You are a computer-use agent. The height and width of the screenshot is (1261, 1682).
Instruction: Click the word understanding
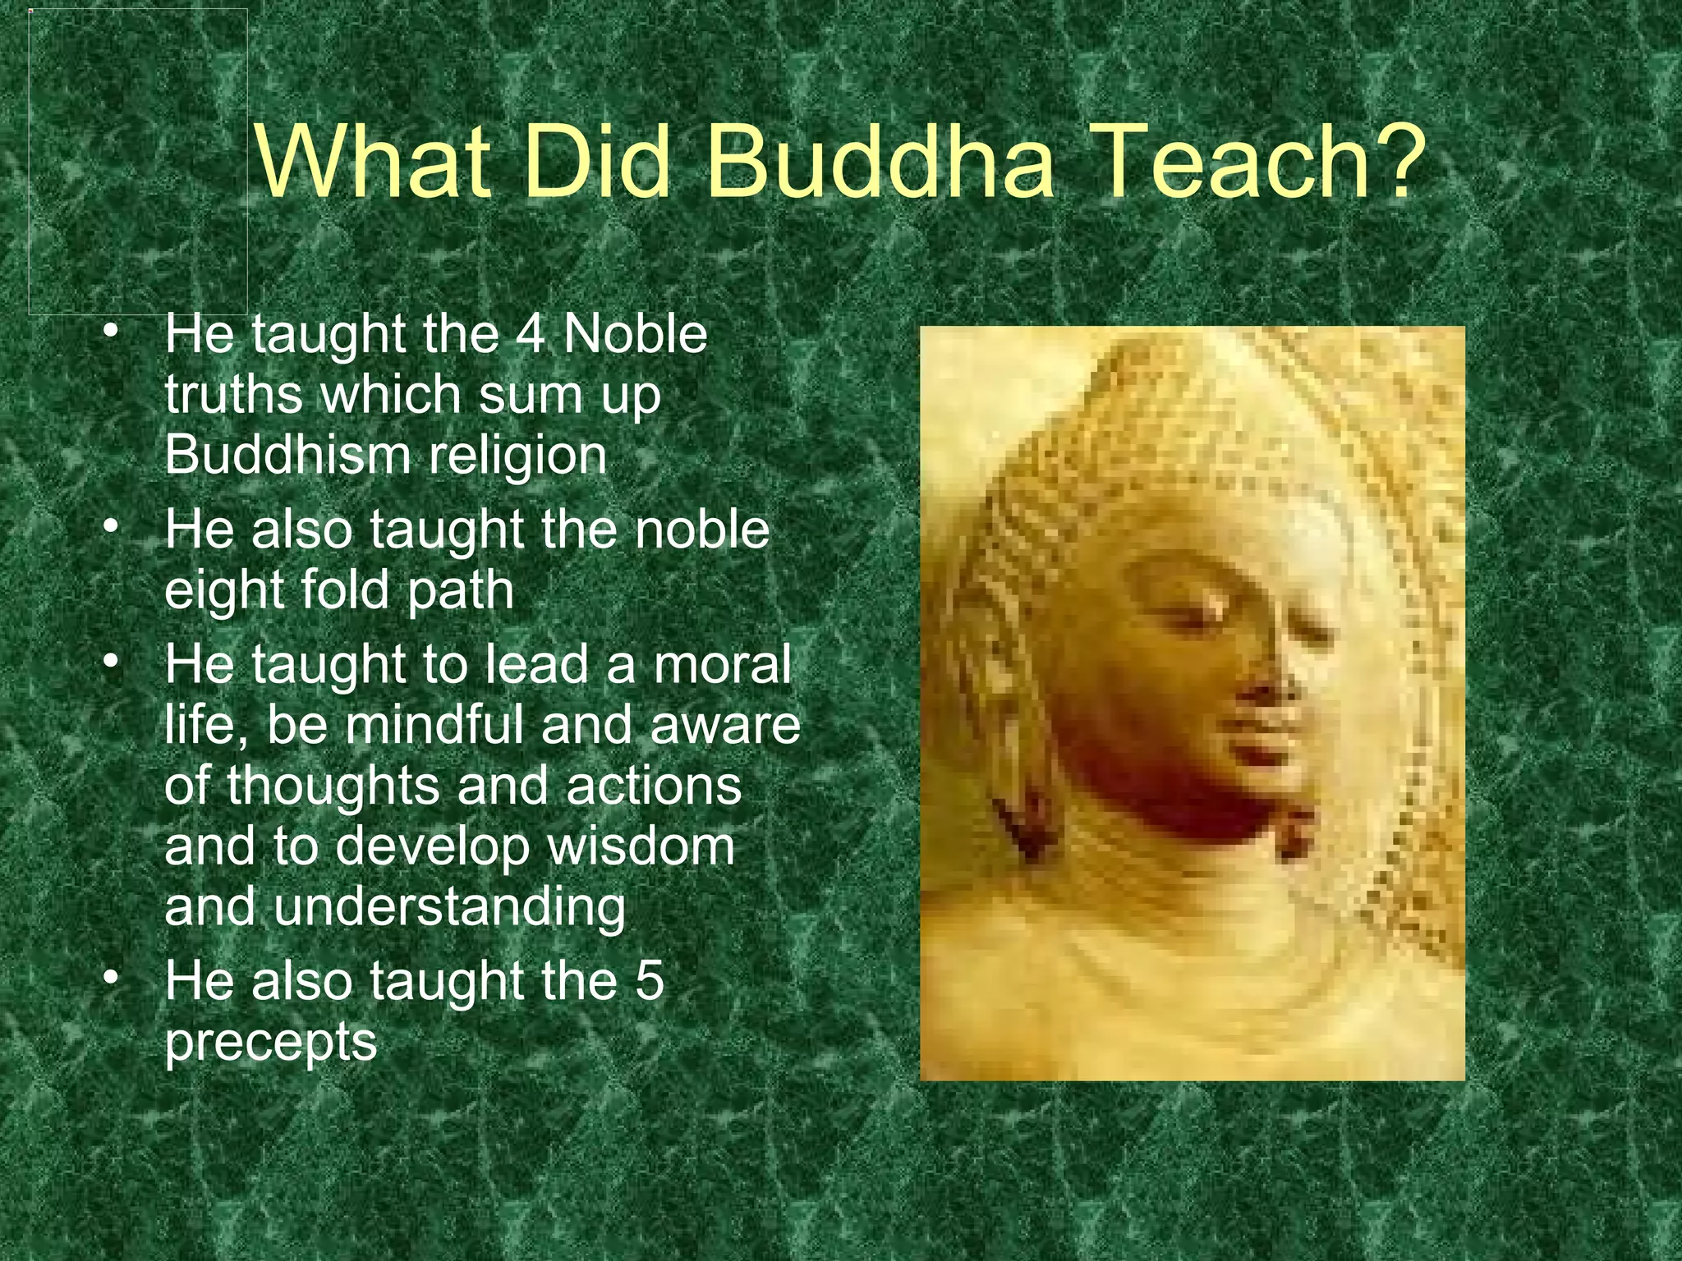coord(449,908)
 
